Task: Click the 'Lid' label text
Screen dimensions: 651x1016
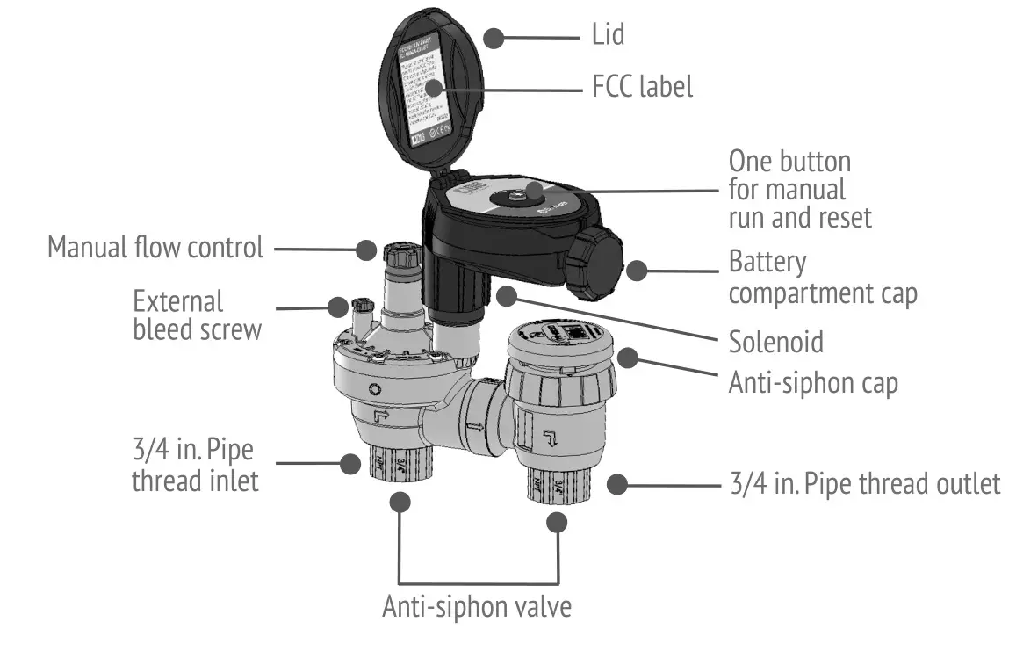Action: [x=608, y=35]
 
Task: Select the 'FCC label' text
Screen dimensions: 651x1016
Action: [x=643, y=87]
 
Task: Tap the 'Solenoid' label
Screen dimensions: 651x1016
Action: [x=776, y=341]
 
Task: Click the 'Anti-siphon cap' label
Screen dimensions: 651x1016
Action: [x=813, y=383]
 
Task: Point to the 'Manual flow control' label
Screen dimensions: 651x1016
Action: [x=155, y=248]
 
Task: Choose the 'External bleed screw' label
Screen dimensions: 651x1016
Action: [x=197, y=315]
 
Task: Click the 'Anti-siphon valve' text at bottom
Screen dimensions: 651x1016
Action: [x=477, y=607]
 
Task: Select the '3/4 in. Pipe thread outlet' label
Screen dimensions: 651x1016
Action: [x=865, y=484]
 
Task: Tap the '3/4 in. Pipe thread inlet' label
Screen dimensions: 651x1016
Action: [x=195, y=467]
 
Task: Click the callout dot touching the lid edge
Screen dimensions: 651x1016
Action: [x=495, y=38]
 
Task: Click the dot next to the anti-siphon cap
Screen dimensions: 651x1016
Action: [x=627, y=358]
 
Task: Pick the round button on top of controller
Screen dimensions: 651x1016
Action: [x=513, y=192]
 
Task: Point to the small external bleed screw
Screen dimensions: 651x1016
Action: [x=362, y=309]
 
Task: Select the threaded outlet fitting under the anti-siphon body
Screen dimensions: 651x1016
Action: [x=553, y=487]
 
